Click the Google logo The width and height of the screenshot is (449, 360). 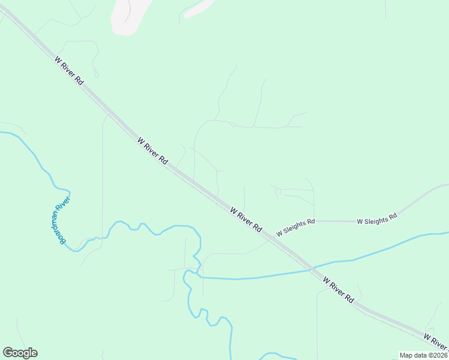click(20, 353)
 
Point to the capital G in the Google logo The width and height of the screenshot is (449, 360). click(8, 353)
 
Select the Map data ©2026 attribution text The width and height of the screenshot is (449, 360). click(423, 355)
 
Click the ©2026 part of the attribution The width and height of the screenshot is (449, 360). click(437, 355)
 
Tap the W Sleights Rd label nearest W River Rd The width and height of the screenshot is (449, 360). click(295, 226)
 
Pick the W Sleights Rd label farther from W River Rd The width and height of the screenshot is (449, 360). click(377, 219)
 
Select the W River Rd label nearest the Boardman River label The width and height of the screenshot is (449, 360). click(152, 151)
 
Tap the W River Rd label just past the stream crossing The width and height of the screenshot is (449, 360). click(339, 289)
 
